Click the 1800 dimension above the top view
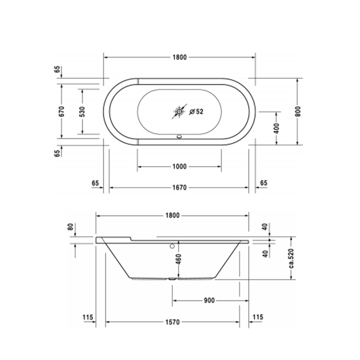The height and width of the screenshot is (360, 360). pyautogui.click(x=179, y=57)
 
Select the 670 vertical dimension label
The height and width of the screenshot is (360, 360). pyautogui.click(x=62, y=111)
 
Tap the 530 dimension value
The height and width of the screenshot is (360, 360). pyautogui.click(x=82, y=112)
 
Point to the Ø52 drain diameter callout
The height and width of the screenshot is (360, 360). pyautogui.click(x=196, y=112)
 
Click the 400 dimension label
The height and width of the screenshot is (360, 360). pyautogui.click(x=277, y=129)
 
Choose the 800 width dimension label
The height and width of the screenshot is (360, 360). pyautogui.click(x=298, y=112)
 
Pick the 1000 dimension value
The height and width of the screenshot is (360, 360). pyautogui.click(x=179, y=167)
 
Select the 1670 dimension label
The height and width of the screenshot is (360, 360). pyautogui.click(x=179, y=188)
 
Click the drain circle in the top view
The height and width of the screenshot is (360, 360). pyautogui.click(x=179, y=112)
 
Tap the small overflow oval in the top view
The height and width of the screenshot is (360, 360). pyautogui.click(x=179, y=137)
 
